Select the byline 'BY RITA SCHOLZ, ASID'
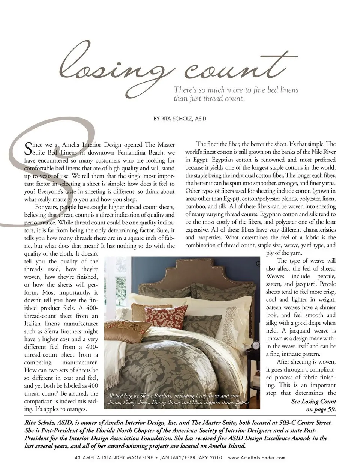[x=180, y=119]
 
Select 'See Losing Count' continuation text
[x=313, y=401]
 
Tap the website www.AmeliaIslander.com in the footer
[x=256, y=457]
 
